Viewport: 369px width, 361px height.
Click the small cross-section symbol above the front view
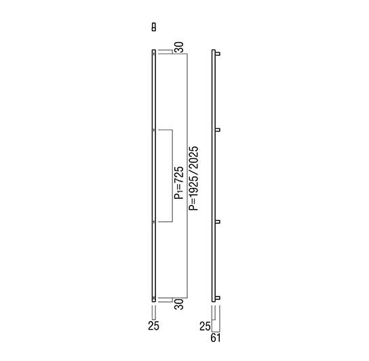coord(154,27)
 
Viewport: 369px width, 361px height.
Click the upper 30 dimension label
coord(179,47)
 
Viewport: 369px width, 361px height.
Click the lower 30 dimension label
coord(179,304)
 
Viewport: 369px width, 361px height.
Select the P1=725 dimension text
coord(178,183)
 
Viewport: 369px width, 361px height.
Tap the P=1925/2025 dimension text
coord(194,178)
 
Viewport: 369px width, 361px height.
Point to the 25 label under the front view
coord(154,326)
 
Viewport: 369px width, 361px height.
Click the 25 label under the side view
coord(205,326)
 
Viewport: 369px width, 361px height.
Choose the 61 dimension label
coord(216,338)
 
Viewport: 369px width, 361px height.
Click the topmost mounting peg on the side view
coord(218,54)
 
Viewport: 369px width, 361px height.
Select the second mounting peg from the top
coord(218,130)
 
